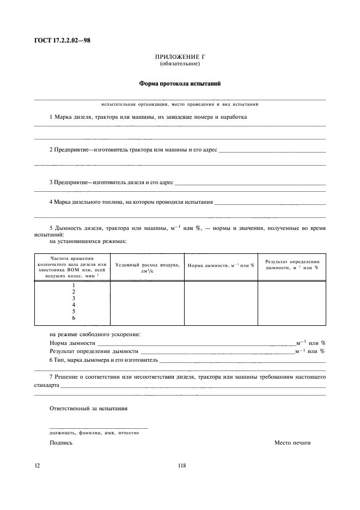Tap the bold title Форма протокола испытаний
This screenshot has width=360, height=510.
pyautogui.click(x=180, y=84)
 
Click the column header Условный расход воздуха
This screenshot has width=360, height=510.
pyautogui.click(x=147, y=267)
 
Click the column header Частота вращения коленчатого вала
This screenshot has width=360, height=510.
pyautogui.click(x=72, y=267)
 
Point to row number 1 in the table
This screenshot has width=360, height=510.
pyautogui.click(x=74, y=285)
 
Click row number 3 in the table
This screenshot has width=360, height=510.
pyautogui.click(x=74, y=298)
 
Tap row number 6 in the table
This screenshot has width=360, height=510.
pyautogui.click(x=74, y=318)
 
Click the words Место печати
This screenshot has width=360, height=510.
pyautogui.click(x=292, y=443)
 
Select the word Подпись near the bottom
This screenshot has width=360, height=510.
pyautogui.click(x=60, y=443)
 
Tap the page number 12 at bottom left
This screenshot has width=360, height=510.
pyautogui.click(x=37, y=465)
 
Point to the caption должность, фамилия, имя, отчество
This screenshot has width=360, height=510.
pyautogui.click(x=94, y=433)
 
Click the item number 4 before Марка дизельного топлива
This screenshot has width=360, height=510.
pyautogui.click(x=51, y=202)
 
